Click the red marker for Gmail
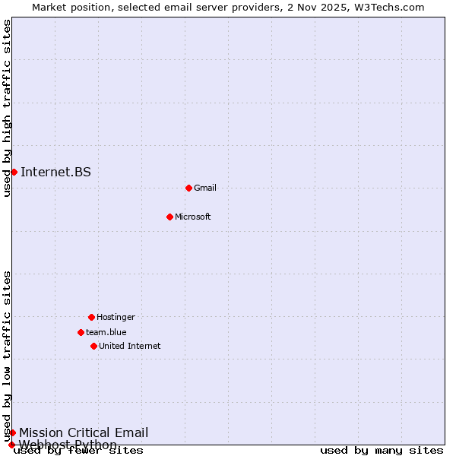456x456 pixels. (x=188, y=188)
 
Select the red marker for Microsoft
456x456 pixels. (x=169, y=217)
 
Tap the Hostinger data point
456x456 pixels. (x=91, y=317)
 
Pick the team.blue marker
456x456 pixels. (x=81, y=332)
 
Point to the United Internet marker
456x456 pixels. (x=93, y=346)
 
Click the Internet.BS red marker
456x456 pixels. (x=14, y=172)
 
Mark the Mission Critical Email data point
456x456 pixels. (x=12, y=432)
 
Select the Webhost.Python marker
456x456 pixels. (x=11, y=445)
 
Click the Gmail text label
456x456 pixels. (x=205, y=188)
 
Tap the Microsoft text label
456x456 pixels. (x=193, y=217)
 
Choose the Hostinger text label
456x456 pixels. (x=116, y=317)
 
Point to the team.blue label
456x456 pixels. (x=106, y=332)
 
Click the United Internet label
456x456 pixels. (x=130, y=346)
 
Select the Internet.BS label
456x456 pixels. (x=55, y=172)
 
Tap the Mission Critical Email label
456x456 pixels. (x=84, y=432)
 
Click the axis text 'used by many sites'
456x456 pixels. (x=382, y=451)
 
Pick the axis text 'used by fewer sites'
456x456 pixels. (x=78, y=451)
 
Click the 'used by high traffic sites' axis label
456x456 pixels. (x=7, y=108)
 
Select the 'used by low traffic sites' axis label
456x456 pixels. (x=7, y=356)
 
